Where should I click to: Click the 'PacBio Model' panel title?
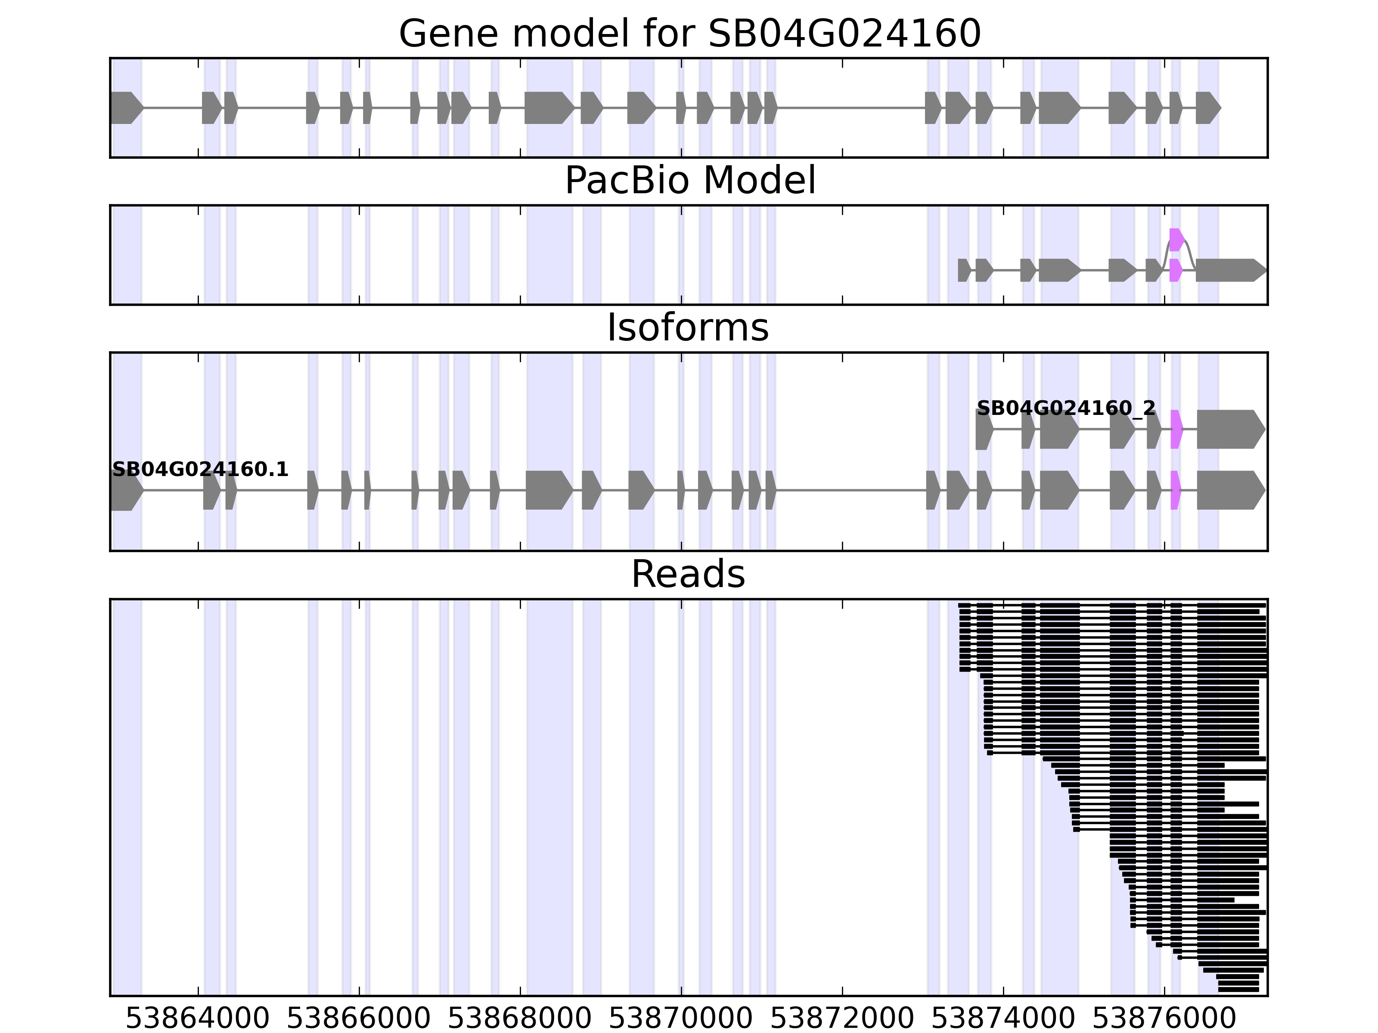tap(689, 181)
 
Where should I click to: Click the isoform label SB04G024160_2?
tap(1065, 408)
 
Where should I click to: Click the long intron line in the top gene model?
tap(851, 108)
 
